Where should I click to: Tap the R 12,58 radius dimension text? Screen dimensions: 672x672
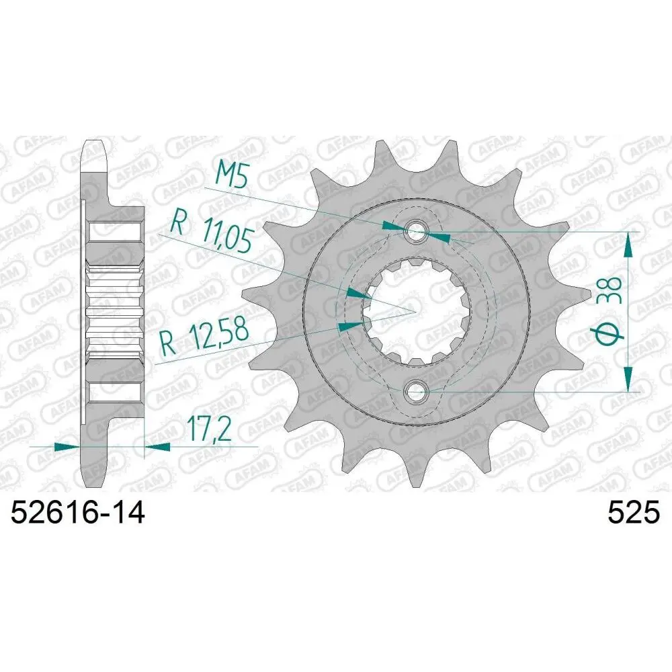204,335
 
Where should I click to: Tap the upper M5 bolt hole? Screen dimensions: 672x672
416,233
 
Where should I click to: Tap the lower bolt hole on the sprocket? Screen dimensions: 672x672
416,390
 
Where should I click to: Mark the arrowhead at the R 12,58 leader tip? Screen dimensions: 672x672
349,327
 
